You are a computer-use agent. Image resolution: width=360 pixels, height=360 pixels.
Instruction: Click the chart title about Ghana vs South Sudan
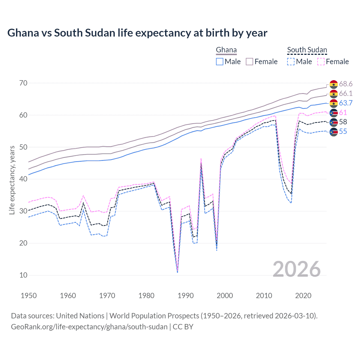coord(137,33)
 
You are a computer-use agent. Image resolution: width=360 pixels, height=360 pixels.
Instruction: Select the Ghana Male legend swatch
coord(220,62)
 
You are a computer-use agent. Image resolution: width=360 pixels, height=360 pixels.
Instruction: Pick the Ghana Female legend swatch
coord(249,62)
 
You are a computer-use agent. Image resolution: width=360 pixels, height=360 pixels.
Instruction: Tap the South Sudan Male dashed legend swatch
coord(291,62)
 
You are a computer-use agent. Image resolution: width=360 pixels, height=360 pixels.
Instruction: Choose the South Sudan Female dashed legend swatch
coord(321,62)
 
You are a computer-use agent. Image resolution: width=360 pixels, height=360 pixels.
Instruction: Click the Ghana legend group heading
coord(226,50)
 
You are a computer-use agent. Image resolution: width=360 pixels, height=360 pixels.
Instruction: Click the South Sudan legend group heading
coord(307,50)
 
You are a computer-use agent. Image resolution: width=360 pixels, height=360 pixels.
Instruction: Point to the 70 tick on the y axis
coord(23,83)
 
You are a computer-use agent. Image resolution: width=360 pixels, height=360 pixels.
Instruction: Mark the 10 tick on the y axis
coord(23,275)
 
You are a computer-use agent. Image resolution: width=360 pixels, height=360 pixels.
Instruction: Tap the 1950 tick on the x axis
coord(29,296)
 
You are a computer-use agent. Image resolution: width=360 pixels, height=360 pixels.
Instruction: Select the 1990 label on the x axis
coord(186,296)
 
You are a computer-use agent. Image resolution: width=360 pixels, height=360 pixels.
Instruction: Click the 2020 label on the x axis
coord(303,296)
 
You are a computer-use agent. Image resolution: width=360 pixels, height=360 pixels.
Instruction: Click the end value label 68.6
coord(346,84)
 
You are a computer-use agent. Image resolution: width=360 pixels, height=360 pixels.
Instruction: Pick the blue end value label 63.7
coord(346,103)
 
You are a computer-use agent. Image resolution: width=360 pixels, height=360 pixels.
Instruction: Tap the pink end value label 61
coord(343,112)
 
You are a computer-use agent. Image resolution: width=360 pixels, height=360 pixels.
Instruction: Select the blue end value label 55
coord(343,132)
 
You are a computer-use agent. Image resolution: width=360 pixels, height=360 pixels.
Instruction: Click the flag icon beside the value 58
coord(334,122)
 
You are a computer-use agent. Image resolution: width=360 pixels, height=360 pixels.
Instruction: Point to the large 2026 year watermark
coord(296,269)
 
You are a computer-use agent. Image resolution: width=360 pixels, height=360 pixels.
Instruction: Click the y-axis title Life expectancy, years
coord(12,180)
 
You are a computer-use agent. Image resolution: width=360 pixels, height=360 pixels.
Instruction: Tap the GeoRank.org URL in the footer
coord(89,327)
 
